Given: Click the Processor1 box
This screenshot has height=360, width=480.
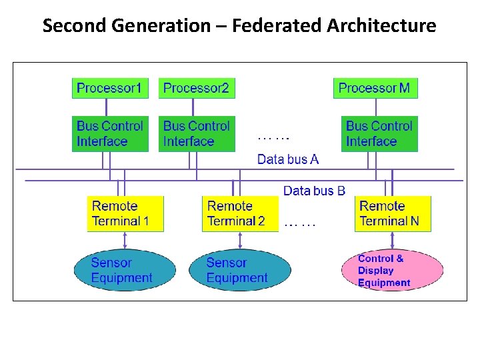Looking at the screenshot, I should pos(110,88).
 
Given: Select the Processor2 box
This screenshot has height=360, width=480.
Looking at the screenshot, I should pos(197,88).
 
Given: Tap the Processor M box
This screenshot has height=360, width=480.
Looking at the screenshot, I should pos(375,88).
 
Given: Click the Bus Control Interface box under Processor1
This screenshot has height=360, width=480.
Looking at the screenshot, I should pos(110,134).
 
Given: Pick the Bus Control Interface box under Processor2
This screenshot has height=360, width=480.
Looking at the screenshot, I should pos(197,134).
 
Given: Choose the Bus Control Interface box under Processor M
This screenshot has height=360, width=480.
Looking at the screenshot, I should pos(379,134).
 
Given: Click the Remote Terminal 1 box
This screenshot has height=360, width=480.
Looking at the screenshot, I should pos(125,213).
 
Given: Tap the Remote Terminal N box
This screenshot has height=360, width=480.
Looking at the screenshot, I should pos(393,213).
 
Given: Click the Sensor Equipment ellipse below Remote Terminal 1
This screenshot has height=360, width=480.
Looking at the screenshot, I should pos(124,271).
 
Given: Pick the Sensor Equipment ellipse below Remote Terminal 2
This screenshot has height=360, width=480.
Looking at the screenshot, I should pos(239,271).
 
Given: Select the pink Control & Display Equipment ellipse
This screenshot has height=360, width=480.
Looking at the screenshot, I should pos(392,271).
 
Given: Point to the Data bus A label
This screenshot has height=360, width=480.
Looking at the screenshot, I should pos(288,159).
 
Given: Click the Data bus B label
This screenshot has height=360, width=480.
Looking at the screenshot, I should pos(314,191).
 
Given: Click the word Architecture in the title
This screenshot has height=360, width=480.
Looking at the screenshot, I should pos(381,26).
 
